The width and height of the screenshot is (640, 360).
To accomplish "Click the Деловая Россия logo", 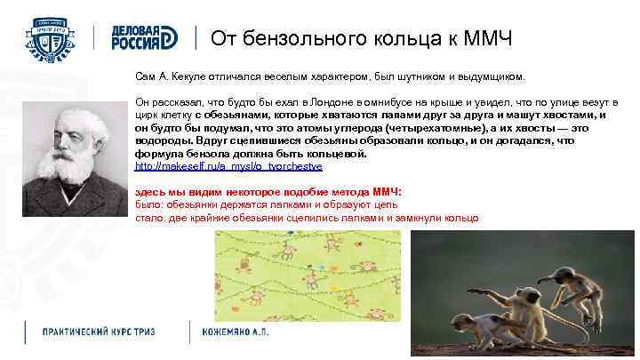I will pyautogui.click(x=143, y=36).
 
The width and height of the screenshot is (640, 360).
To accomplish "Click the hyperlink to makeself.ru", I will pyautogui.click(x=228, y=166).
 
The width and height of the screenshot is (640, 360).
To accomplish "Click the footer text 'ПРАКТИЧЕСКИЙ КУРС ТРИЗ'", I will pyautogui.click(x=99, y=332).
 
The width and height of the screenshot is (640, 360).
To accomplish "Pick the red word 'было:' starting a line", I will pyautogui.click(x=147, y=204).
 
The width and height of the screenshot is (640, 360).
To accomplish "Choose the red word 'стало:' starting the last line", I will pyautogui.click(x=148, y=217).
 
